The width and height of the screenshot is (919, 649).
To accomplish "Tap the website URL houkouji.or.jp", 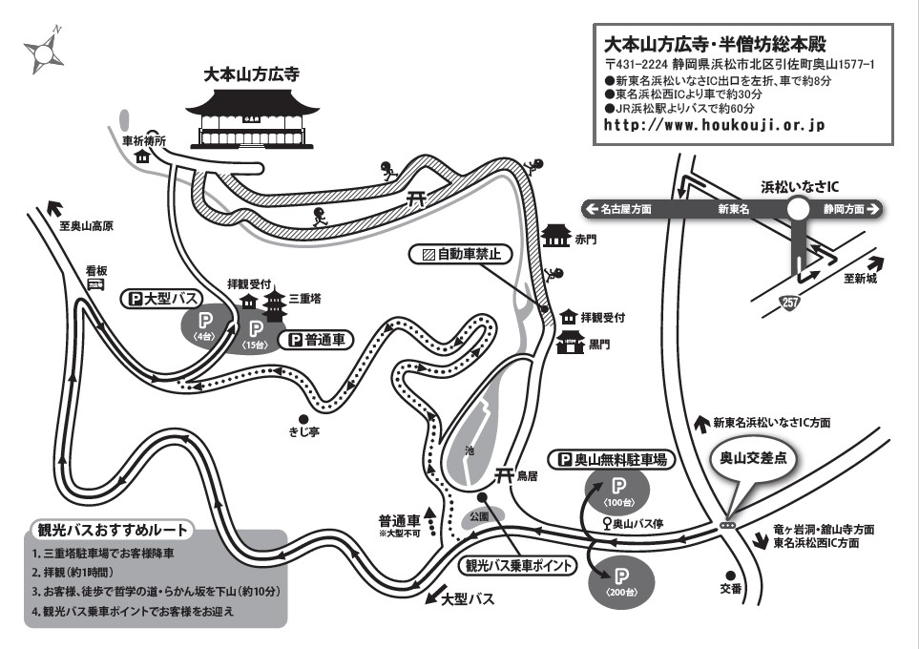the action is [715, 125].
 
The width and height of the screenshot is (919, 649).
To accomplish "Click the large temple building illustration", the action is [253, 118].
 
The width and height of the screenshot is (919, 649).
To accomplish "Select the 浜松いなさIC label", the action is [800, 187].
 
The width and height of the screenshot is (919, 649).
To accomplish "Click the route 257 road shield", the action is [789, 303].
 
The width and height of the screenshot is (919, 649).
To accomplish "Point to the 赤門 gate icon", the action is [555, 236].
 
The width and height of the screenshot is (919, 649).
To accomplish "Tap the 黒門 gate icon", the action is [571, 342].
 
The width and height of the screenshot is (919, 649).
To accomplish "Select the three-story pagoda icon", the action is [274, 304].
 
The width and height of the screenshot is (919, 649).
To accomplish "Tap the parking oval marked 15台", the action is [256, 335].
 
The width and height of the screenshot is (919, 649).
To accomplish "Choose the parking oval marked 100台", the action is [617, 491].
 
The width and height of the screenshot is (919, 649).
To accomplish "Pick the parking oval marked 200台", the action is [620, 580].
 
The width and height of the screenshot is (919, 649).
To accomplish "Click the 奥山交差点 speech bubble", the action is [753, 463].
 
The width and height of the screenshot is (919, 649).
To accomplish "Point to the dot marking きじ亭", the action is [303, 419].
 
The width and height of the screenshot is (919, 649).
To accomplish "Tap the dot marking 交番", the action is [730, 576].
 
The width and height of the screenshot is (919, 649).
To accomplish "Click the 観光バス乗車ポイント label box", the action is [517, 566].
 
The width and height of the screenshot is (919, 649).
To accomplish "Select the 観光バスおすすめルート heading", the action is [113, 530].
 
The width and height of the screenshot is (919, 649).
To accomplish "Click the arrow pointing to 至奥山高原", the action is [54, 207].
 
